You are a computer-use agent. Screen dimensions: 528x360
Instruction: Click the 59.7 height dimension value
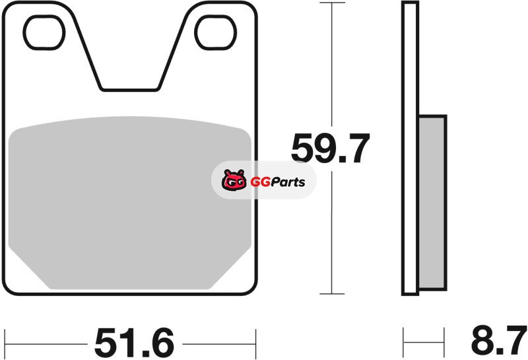click(x=331, y=148)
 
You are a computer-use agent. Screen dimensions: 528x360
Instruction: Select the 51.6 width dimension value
click(x=135, y=342)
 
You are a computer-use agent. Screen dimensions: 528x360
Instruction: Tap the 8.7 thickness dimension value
click(x=499, y=340)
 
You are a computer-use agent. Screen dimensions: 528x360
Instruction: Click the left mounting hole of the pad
click(x=44, y=32)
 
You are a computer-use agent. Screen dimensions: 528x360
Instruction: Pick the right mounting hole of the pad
click(x=216, y=32)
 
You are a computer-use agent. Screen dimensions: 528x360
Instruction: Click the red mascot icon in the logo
click(x=234, y=180)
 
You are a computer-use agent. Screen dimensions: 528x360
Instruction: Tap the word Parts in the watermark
click(x=288, y=182)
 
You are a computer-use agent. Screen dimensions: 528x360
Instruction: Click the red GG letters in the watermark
click(x=260, y=182)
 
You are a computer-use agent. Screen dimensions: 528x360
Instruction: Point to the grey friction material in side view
click(x=432, y=203)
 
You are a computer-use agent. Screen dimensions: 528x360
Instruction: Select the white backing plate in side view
click(x=410, y=149)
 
